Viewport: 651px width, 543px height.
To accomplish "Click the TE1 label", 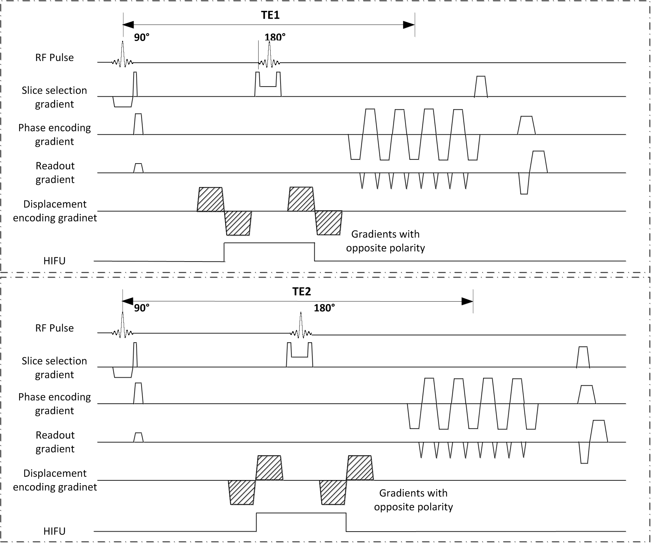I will tap(270, 15).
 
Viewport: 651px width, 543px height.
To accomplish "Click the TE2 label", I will tap(301, 291).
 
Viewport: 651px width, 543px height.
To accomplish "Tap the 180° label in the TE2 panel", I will tap(324, 308).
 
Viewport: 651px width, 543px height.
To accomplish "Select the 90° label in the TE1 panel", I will tap(142, 38).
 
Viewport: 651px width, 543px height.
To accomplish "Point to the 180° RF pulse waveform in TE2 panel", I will tap(301, 328).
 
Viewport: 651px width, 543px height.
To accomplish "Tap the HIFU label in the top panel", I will tap(54, 261).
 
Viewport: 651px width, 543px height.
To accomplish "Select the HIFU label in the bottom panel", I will tap(54, 531).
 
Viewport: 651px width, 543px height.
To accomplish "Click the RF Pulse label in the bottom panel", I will tap(54, 328).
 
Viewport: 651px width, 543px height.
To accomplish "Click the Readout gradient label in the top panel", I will tap(55, 172).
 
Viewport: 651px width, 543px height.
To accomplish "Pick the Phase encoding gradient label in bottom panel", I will tap(54, 404).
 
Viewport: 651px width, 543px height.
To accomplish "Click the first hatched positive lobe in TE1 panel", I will tap(210, 199).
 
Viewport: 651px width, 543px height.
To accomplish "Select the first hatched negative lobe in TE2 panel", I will tap(242, 492).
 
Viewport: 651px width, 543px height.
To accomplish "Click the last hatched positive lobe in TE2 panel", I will tap(360, 468).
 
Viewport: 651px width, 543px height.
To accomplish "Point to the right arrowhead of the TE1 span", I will tap(409, 25).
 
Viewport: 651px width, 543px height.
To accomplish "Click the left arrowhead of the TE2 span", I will tap(128, 301).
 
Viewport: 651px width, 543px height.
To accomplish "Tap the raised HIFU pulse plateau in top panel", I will tap(269, 243).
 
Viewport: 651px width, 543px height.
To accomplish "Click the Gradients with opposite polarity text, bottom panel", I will tap(413, 500).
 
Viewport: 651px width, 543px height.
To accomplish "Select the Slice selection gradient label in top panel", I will tap(54, 97).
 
